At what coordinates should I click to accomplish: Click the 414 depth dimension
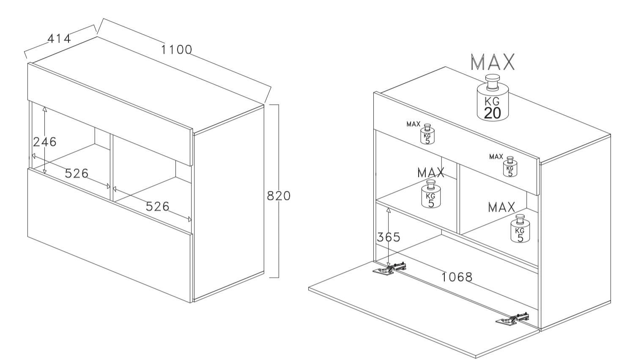pyautogui.click(x=59, y=38)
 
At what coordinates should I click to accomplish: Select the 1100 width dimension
pyautogui.click(x=176, y=49)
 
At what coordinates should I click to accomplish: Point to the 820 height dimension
pyautogui.click(x=279, y=196)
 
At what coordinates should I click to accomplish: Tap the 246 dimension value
pyautogui.click(x=45, y=142)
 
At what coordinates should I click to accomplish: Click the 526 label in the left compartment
pyautogui.click(x=77, y=173)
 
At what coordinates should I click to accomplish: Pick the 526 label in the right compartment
pyautogui.click(x=157, y=206)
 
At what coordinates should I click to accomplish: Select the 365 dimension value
pyautogui.click(x=388, y=237)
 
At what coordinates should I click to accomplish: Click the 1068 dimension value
pyautogui.click(x=457, y=277)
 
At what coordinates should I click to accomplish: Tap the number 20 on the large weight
pyautogui.click(x=492, y=113)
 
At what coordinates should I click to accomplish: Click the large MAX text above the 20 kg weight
pyautogui.click(x=493, y=63)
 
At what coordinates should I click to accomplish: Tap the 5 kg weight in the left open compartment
pyautogui.click(x=431, y=195)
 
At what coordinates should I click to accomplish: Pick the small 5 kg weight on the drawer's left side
pyautogui.click(x=427, y=134)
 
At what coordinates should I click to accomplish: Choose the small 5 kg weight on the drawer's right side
pyautogui.click(x=510, y=167)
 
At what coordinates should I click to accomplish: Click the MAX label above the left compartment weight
pyautogui.click(x=431, y=172)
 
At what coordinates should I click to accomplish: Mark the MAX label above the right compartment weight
pyautogui.click(x=501, y=207)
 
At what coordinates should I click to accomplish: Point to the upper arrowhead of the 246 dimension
pyautogui.click(x=45, y=108)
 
